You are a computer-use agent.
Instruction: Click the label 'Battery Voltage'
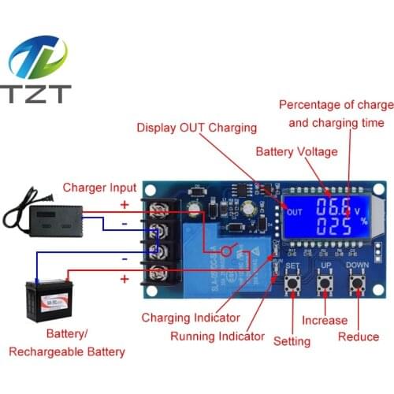[296, 151]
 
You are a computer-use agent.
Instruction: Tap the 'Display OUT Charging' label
[196, 128]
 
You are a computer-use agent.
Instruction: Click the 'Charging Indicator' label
[190, 318]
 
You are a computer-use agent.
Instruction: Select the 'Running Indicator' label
[217, 336]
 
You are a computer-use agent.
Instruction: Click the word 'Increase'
[324, 320]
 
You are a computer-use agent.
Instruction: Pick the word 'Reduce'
[359, 336]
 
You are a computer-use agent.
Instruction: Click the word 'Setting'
[292, 341]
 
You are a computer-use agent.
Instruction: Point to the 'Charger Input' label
[98, 188]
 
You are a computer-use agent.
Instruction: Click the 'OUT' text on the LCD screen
[295, 212]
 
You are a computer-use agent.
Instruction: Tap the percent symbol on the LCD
[363, 223]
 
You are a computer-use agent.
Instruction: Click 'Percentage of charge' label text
[336, 105]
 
